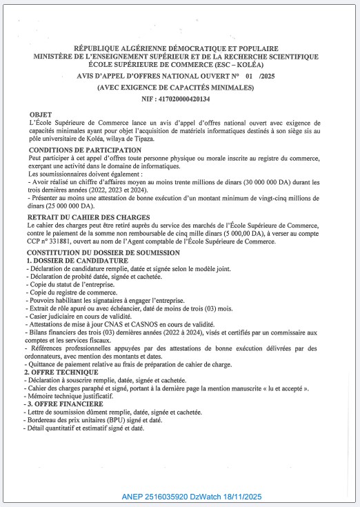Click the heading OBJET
coord(40,114)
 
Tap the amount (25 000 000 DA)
coord(68,206)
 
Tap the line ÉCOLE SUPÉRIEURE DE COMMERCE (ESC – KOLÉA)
coord(179,64)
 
